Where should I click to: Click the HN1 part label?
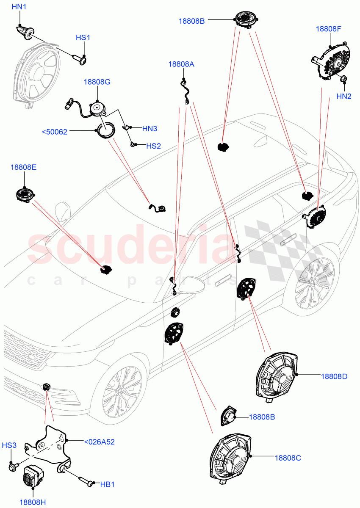point(19,7)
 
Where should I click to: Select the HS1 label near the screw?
point(83,38)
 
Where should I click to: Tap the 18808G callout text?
point(97,82)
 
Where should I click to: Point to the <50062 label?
point(55,132)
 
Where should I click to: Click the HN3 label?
point(150,128)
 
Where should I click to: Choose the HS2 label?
point(153,146)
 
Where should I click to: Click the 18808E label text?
point(23,168)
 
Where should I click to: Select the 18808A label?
point(181,64)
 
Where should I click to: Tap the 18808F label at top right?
point(328,29)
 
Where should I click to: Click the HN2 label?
point(344,97)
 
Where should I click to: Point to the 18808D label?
point(334,376)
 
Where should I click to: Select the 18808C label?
point(288,458)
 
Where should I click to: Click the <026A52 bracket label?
point(99,442)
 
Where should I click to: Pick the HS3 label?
point(9,445)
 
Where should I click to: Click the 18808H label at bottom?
point(32,502)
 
